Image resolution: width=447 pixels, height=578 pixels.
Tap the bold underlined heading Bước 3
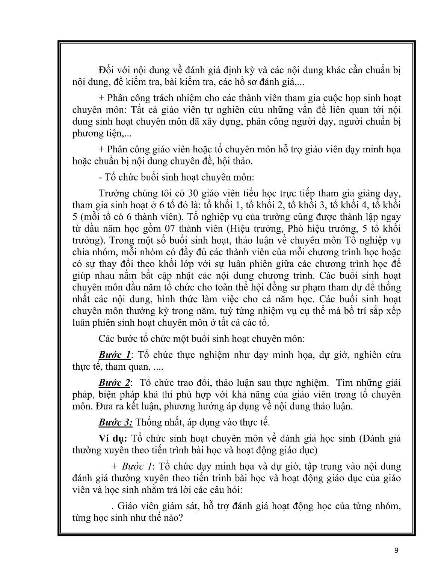click(x=115, y=422)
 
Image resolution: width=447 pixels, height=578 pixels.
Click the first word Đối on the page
click(x=106, y=70)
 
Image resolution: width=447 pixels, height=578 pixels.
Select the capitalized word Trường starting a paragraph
click(x=113, y=194)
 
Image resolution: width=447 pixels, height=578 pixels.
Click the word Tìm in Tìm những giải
click(x=345, y=383)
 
